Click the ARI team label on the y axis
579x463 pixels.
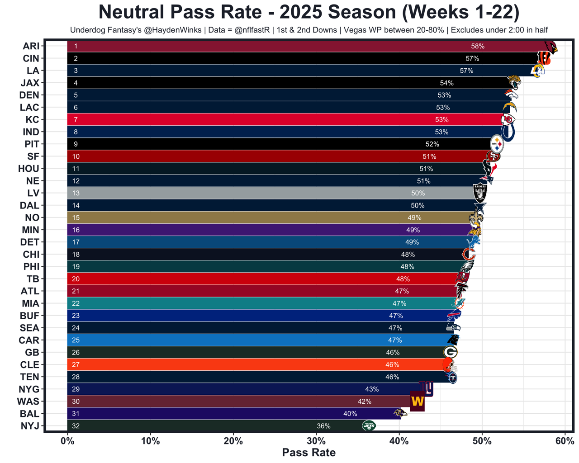pyautogui.click(x=31, y=46)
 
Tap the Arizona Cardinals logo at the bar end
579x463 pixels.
pyautogui.click(x=551, y=47)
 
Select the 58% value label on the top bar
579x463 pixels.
pyautogui.click(x=478, y=46)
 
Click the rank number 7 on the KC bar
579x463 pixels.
pyautogui.click(x=76, y=120)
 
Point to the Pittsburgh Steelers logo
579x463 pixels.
pyautogui.click(x=497, y=144)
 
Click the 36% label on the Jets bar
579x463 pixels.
pyautogui.click(x=323, y=426)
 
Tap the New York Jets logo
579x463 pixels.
pyautogui.click(x=369, y=425)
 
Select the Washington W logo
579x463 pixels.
pyautogui.click(x=417, y=401)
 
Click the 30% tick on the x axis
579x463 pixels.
pyautogui.click(x=316, y=441)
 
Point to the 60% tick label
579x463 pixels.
pyautogui.click(x=565, y=441)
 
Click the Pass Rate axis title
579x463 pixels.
pyautogui.click(x=308, y=453)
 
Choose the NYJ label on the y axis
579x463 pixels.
pyautogui.click(x=30, y=426)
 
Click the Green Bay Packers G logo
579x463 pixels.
pyautogui.click(x=451, y=352)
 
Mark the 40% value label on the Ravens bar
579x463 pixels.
pyautogui.click(x=350, y=414)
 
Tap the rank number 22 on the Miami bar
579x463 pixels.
pyautogui.click(x=76, y=303)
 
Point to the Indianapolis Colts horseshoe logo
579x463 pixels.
pyautogui.click(x=508, y=132)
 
